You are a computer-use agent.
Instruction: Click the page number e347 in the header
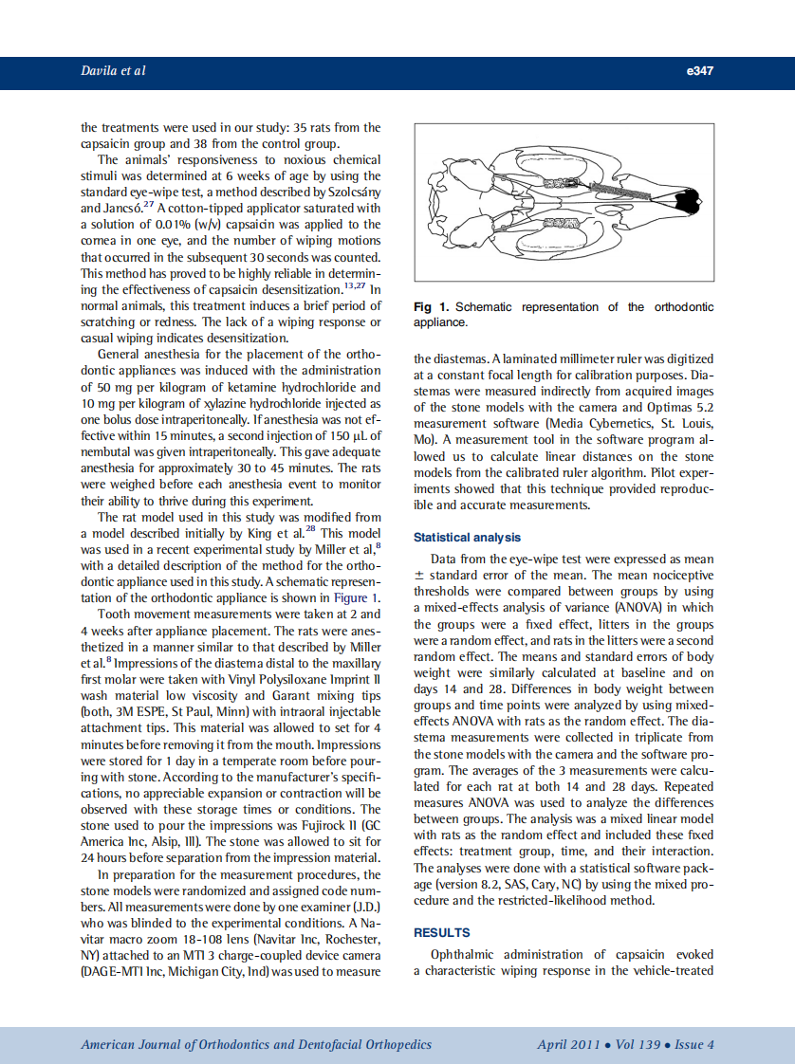pos(698,71)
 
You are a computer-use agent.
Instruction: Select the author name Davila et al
pos(113,71)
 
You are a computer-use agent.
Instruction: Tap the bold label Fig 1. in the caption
pos(432,307)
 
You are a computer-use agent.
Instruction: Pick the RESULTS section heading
pos(441,932)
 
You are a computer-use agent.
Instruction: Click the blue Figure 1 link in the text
pos(356,597)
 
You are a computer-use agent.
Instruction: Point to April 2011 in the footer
pos(568,1044)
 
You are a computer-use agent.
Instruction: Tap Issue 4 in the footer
pos(694,1044)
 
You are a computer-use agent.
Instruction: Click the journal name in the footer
pos(256,1044)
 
